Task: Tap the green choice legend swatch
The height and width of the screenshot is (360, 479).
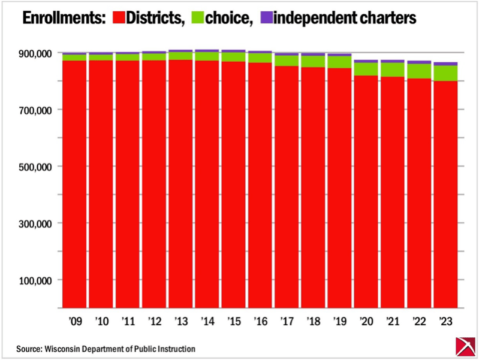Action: (197, 18)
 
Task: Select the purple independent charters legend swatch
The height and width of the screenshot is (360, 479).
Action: (266, 18)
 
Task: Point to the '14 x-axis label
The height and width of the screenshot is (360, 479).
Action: (208, 321)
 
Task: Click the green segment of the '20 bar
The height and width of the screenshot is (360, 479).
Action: (366, 69)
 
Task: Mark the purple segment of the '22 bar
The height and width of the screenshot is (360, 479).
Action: (419, 62)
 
